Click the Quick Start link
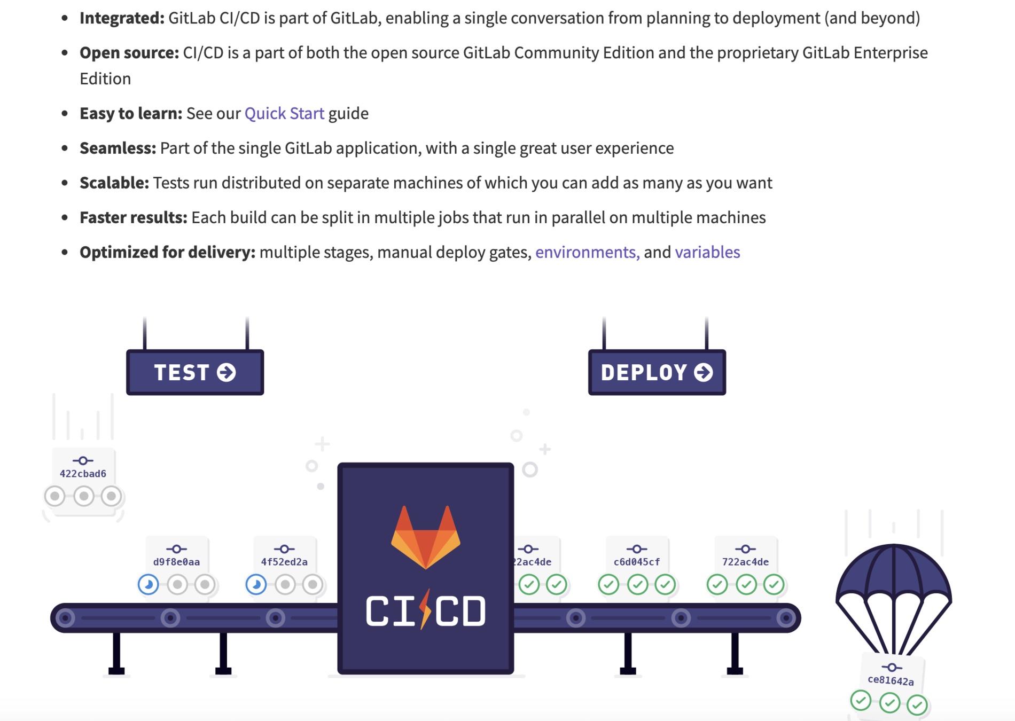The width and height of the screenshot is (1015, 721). [284, 113]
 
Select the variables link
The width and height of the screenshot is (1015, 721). [707, 252]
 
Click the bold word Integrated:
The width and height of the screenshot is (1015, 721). [122, 18]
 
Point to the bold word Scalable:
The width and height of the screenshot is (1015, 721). [114, 183]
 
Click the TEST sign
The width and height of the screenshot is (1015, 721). [195, 372]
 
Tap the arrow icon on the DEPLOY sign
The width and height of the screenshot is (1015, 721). [704, 372]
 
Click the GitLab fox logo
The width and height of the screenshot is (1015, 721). [426, 537]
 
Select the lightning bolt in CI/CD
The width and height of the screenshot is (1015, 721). [426, 609]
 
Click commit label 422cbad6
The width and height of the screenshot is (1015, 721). [83, 474]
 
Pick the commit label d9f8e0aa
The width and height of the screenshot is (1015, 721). [176, 562]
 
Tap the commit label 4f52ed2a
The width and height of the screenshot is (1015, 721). [284, 562]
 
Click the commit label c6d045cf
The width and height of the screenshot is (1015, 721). [637, 562]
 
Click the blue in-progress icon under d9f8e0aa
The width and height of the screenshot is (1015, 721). [149, 584]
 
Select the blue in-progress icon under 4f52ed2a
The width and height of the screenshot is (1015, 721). [256, 584]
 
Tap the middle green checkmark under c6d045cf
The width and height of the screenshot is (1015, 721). [637, 584]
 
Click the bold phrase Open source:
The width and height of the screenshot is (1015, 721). [129, 53]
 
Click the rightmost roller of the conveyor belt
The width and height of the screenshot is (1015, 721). [786, 618]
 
